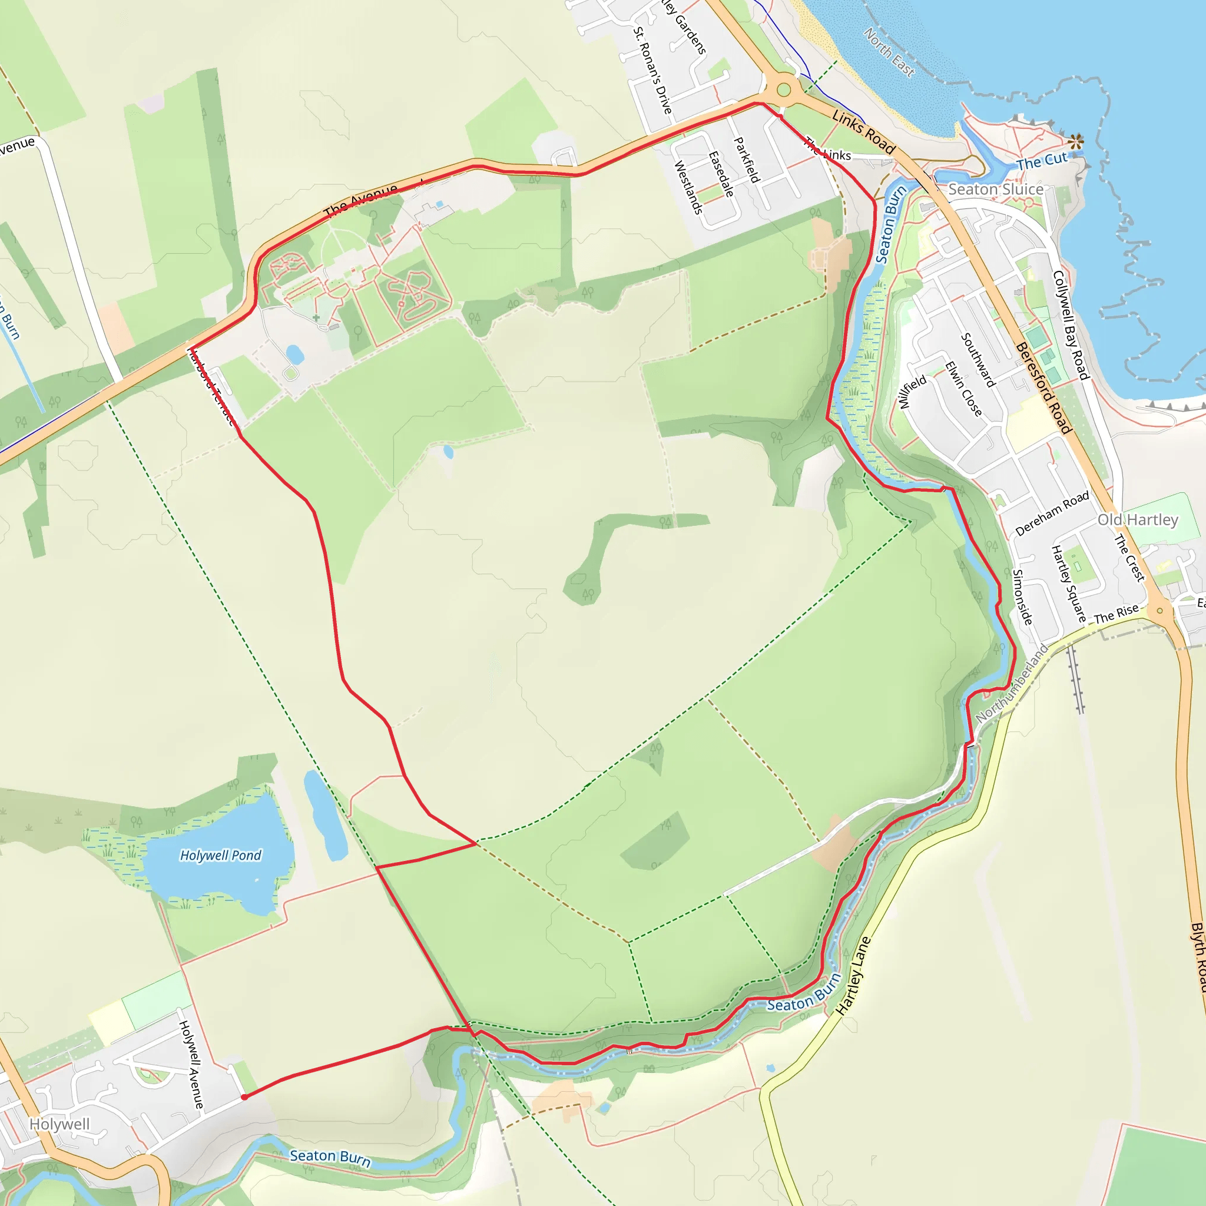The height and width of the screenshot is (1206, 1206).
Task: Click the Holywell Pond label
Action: click(220, 855)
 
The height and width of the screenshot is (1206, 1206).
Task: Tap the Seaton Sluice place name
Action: click(996, 189)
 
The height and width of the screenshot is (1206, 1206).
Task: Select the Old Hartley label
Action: click(1137, 520)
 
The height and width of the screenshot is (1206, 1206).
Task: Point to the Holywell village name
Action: click(60, 1124)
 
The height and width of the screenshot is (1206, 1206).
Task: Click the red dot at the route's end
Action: click(244, 1096)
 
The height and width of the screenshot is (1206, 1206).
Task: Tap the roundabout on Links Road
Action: click(784, 90)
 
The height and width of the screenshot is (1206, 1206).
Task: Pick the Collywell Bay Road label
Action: click(1071, 324)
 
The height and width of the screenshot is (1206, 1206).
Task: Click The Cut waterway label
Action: click(1042, 161)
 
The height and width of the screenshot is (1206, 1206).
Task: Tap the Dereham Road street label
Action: click(1052, 513)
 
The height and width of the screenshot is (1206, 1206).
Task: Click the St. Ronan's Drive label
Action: click(653, 71)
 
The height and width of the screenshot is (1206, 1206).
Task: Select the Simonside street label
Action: click(1022, 597)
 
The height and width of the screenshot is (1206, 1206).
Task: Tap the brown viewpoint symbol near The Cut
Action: click(1075, 142)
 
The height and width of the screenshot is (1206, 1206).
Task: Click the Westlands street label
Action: click(688, 187)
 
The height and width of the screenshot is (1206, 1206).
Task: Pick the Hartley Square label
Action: click(1068, 584)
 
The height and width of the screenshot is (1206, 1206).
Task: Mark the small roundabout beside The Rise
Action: click(1159, 611)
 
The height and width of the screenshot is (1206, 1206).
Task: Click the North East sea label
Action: click(889, 52)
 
